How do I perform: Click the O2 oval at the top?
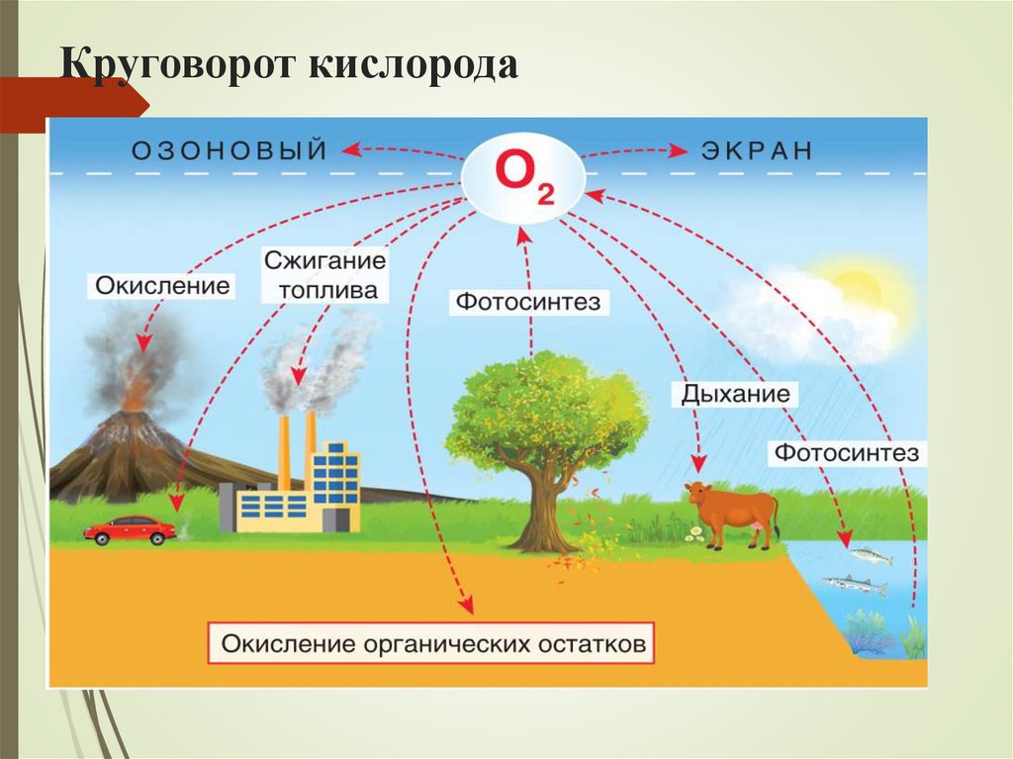(523, 179)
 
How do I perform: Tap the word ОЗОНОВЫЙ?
(229, 150)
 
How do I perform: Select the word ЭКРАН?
(757, 150)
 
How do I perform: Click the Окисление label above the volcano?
(162, 287)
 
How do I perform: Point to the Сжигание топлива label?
(325, 275)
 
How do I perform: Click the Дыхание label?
(735, 394)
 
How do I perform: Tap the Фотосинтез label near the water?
(846, 453)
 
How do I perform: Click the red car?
(130, 530)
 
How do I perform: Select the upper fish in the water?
(870, 556)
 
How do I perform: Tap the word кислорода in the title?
(415, 68)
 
